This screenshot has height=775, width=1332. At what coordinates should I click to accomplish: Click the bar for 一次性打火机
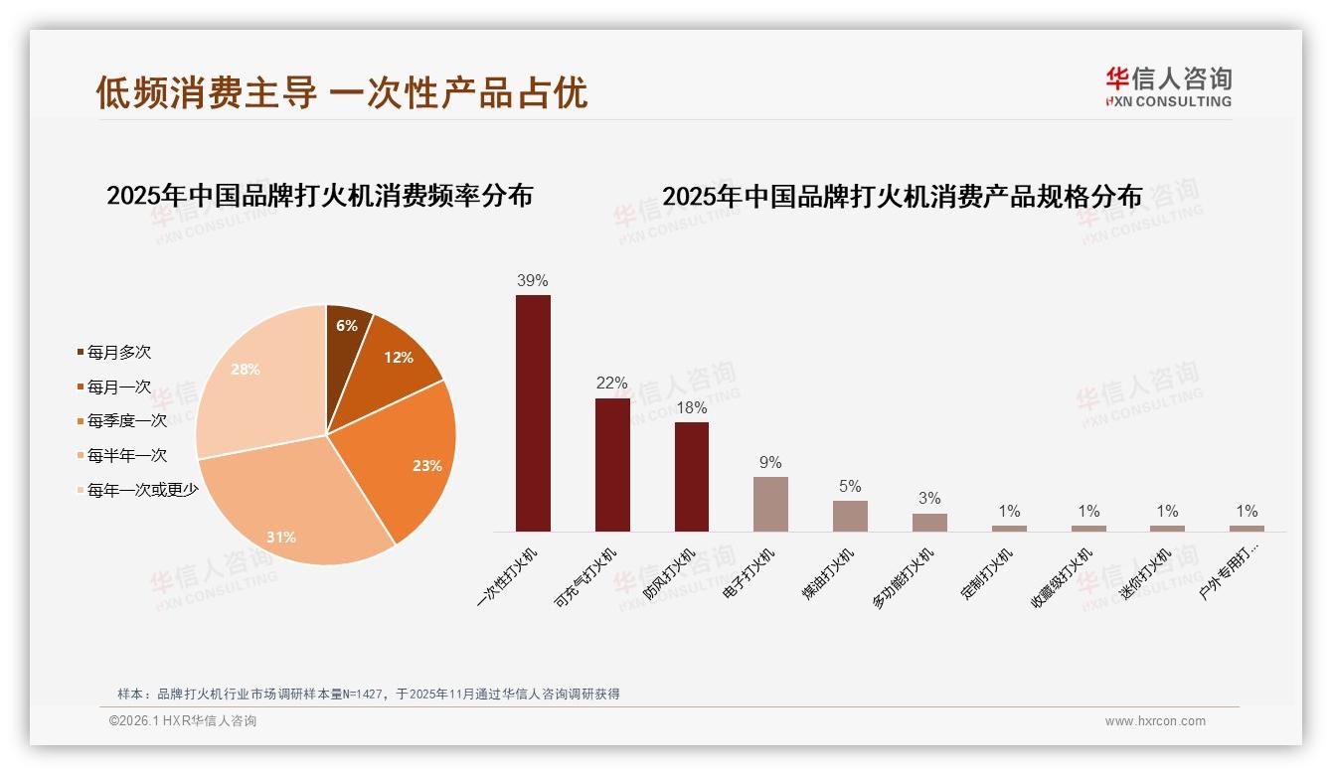[x=533, y=412]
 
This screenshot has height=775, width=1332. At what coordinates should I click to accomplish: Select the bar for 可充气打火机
[x=612, y=464]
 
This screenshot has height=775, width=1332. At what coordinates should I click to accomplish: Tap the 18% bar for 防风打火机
[x=692, y=476]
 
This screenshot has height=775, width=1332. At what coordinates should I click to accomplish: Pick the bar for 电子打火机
[x=770, y=504]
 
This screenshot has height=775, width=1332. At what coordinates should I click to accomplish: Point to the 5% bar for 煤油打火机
[x=850, y=516]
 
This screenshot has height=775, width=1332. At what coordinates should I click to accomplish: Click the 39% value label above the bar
[x=533, y=280]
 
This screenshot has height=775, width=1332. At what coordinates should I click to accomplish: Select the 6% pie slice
[x=347, y=324]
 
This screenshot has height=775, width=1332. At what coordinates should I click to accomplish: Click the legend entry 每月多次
[x=118, y=353]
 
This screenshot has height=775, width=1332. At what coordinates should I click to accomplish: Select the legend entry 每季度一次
[x=126, y=421]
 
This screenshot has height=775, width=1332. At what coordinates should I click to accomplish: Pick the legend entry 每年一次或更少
[x=142, y=490]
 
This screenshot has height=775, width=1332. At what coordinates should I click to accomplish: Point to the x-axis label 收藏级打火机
[x=1063, y=577]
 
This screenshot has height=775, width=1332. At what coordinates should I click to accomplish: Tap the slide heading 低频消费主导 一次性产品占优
[x=342, y=92]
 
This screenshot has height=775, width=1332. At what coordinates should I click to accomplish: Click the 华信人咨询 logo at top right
[x=1168, y=87]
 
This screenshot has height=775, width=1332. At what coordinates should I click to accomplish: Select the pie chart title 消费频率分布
[x=319, y=196]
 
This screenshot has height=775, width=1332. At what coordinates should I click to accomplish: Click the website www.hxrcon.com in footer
[x=1155, y=721]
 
